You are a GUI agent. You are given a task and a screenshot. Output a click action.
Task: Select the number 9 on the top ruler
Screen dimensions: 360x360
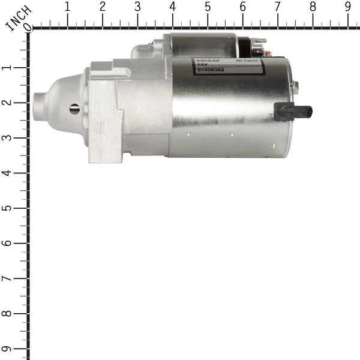348,8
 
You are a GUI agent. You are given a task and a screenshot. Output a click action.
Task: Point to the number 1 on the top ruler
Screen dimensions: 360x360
67,8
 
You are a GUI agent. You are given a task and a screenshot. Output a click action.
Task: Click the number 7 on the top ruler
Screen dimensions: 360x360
277,8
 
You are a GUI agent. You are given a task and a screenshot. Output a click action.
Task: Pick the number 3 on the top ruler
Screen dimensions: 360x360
137,8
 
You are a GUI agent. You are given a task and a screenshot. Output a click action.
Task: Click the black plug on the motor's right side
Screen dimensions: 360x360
293,112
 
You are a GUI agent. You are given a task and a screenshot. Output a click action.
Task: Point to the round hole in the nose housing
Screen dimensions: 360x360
74,109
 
